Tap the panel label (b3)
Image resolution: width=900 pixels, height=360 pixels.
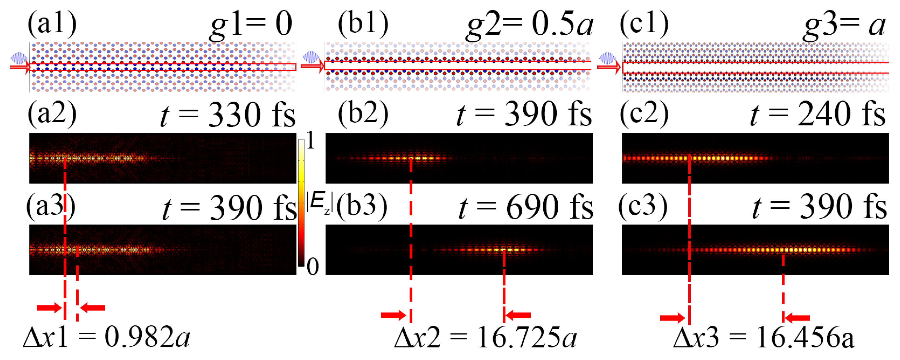(362, 206)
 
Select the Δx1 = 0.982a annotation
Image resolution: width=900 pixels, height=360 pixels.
(107, 338)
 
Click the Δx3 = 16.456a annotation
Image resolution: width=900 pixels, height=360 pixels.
(763, 338)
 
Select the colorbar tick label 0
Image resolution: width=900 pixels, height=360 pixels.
(312, 267)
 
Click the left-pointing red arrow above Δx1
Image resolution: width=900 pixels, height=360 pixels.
(93, 308)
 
